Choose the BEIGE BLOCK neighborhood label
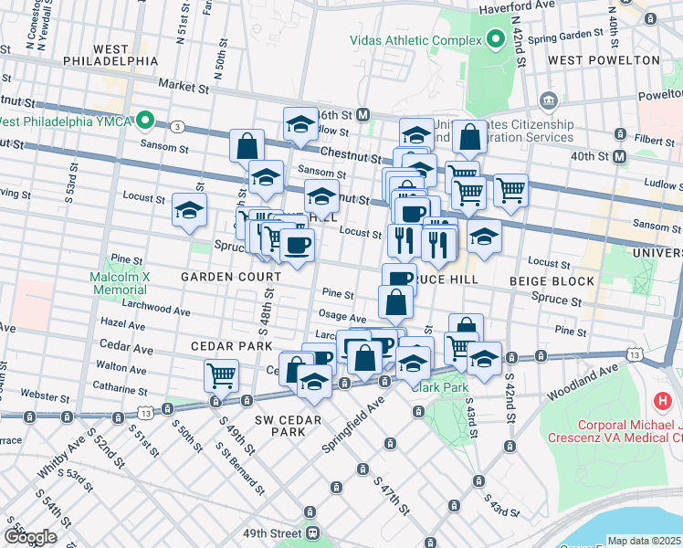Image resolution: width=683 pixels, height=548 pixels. (551, 281)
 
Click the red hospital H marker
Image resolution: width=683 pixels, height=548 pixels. (664, 400)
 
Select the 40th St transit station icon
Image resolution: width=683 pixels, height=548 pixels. (620, 157)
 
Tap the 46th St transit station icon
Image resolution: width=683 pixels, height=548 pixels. (363, 115)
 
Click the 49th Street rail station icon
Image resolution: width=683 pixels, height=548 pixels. (312, 532)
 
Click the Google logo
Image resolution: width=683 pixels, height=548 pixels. (30, 537)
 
